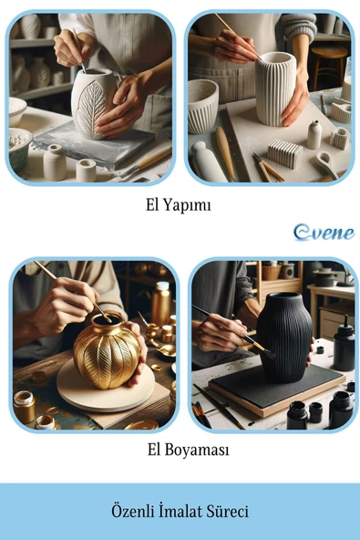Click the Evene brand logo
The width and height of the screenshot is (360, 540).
[324, 233]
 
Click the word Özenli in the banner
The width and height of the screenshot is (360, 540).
[133, 511]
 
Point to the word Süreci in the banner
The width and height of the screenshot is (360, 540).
[227, 511]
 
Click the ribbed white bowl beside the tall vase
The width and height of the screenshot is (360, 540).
[202, 106]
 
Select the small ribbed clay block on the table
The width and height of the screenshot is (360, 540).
[285, 153]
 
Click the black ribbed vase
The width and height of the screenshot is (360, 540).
[284, 337]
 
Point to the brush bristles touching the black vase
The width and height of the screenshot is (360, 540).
[269, 353]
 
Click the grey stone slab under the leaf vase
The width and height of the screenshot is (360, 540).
[94, 144]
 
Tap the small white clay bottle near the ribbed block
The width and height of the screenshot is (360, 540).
[314, 134]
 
